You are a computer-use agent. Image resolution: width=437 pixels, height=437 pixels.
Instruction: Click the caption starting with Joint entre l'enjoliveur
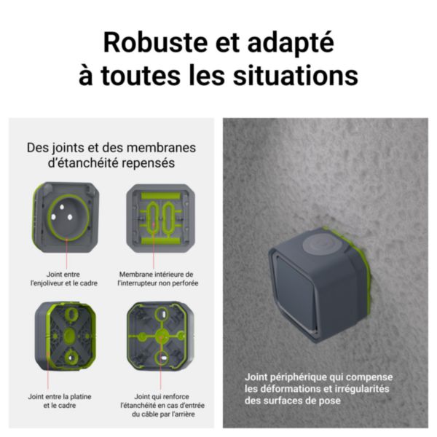tap(66, 277)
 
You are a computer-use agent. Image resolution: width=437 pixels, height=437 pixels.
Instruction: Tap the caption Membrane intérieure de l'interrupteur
tap(158, 278)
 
